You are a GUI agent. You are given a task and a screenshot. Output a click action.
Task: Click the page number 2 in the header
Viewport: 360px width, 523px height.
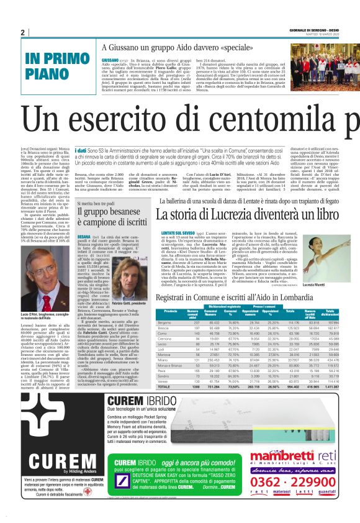point(23,32)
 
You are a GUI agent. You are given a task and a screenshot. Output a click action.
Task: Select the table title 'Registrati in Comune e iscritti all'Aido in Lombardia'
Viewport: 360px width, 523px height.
point(243,298)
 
